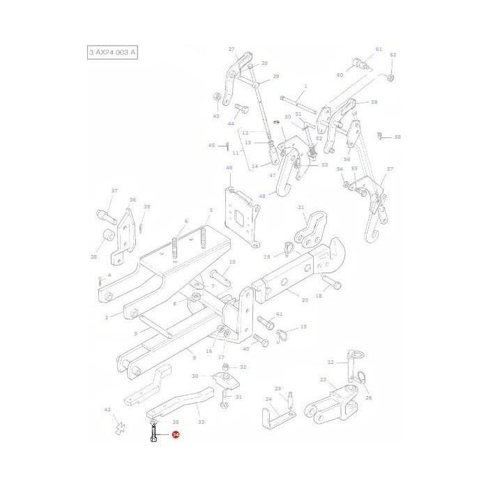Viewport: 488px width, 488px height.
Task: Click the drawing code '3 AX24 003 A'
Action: click(112, 53)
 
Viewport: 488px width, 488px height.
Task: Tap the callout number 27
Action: click(231, 49)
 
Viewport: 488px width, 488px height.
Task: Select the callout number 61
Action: click(379, 49)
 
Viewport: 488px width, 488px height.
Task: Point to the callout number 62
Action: click(392, 55)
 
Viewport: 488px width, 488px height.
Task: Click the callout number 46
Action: click(229, 168)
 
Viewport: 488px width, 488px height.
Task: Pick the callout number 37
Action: click(114, 190)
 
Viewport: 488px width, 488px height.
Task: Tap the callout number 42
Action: click(107, 410)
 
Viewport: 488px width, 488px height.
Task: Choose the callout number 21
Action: click(301, 207)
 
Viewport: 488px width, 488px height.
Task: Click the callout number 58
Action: click(397, 137)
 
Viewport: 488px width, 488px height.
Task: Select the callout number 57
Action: click(390, 169)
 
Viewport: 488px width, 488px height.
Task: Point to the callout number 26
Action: click(369, 398)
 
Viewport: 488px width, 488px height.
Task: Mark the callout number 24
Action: click(268, 399)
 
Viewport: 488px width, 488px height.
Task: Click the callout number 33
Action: click(201, 422)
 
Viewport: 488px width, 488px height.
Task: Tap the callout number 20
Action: click(305, 300)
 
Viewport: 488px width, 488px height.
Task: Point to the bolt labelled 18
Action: click(330, 282)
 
